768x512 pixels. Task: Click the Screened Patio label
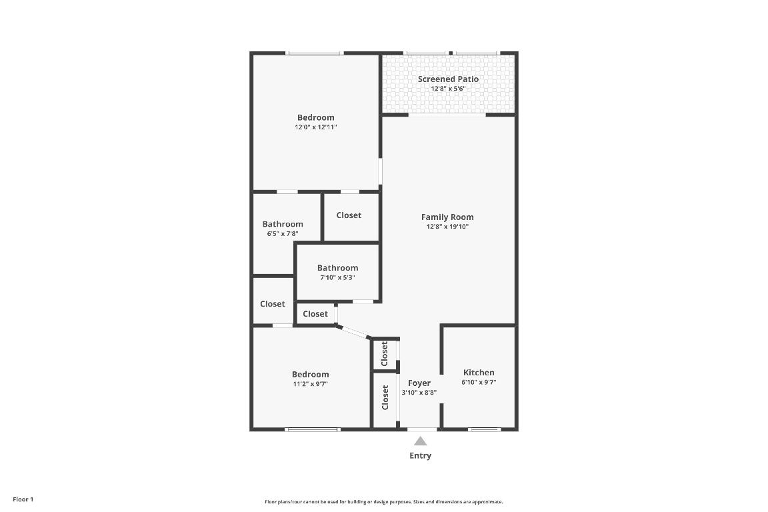[x=448, y=79]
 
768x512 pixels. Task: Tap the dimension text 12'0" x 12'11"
[x=316, y=127]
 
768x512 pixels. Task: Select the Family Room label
[x=447, y=217]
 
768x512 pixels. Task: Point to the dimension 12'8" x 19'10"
[x=447, y=227]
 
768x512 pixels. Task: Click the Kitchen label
[x=479, y=373]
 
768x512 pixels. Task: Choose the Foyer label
[x=419, y=383]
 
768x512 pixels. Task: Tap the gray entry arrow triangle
[x=420, y=441]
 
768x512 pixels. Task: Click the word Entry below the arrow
[x=420, y=456]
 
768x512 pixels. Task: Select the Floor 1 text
[x=23, y=499]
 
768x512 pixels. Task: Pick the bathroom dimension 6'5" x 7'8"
[x=283, y=234]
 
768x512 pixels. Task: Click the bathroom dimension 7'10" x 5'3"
[x=337, y=277]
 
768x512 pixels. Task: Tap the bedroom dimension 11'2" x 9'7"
[x=310, y=384]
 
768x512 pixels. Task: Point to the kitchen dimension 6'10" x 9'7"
[x=479, y=383]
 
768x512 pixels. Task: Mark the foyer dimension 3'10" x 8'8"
[x=419, y=393]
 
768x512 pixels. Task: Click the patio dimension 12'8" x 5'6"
[x=448, y=89]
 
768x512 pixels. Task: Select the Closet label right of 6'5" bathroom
[x=349, y=215]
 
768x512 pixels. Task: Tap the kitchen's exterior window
[x=485, y=429]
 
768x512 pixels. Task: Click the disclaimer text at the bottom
[x=384, y=502]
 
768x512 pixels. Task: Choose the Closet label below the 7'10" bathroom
[x=315, y=314]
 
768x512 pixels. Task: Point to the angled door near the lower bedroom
[x=353, y=332]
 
